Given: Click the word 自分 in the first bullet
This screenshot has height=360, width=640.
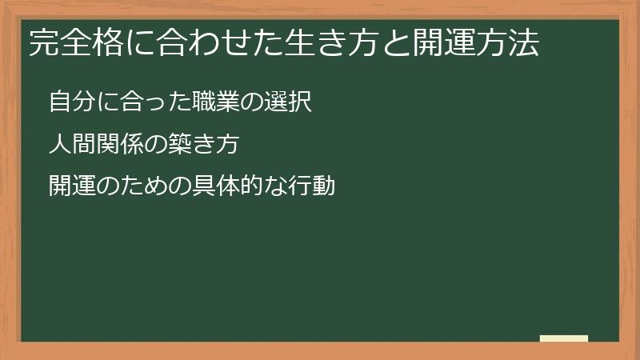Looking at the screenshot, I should [69, 102].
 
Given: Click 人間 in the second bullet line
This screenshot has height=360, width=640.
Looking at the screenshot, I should [69, 145].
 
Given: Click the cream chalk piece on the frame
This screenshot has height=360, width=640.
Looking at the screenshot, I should [564, 338].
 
